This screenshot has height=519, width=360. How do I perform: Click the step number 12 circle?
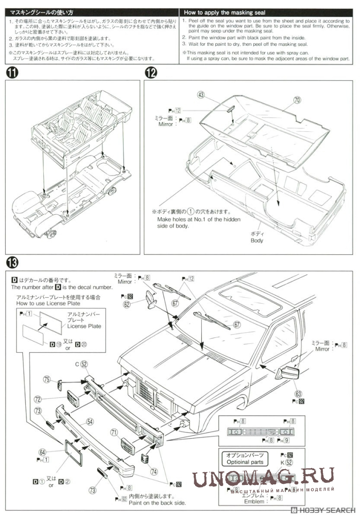pyautogui.click(x=152, y=73)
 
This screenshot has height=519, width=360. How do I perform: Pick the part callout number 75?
pyautogui.click(x=47, y=379)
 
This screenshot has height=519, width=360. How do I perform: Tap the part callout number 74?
pyautogui.click(x=154, y=471)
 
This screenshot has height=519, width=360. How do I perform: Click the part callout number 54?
pyautogui.click(x=89, y=421)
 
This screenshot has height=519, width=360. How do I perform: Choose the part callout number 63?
pyautogui.click(x=297, y=393)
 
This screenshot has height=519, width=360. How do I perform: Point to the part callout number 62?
pyautogui.click(x=126, y=304)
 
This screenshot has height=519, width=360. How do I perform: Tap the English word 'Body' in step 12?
pyautogui.click(x=257, y=240)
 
